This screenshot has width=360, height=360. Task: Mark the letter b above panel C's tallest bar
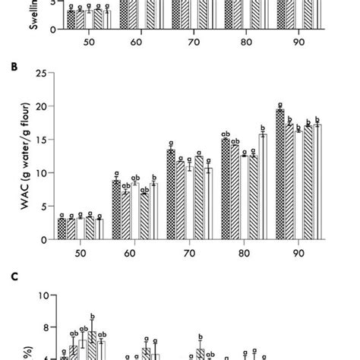click(92, 317)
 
